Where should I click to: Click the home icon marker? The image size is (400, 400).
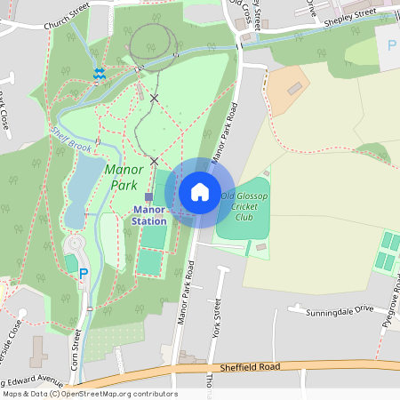(200, 192)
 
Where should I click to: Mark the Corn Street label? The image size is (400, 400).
(76, 350)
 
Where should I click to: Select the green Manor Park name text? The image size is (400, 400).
(123, 177)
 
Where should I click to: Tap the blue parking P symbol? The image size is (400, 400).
(84, 275)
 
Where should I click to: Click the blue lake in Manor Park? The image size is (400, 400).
(80, 187)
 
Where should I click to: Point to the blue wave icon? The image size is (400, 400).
(100, 74)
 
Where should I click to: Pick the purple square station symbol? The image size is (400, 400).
(148, 196)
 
